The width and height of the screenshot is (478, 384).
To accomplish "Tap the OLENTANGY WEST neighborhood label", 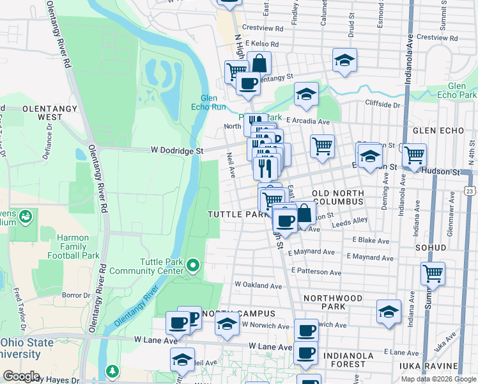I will (42, 113).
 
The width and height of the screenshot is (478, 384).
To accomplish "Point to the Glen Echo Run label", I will (213, 102).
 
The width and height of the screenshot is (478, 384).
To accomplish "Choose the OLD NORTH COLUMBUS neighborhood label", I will (337, 197).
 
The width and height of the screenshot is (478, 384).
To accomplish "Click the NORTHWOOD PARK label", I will (333, 303).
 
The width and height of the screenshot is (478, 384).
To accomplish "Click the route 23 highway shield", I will (470, 191).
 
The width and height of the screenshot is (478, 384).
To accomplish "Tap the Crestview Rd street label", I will (263, 29).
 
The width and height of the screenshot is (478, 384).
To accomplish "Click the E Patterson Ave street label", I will (316, 271).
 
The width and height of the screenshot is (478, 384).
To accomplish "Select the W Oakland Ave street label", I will (258, 285).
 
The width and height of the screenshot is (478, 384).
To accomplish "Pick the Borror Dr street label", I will (76, 296).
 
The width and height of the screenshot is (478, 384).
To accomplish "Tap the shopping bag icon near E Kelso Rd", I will (259, 63).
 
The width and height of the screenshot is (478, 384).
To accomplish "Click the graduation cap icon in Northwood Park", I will (389, 312).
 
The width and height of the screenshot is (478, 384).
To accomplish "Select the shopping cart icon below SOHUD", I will (433, 273).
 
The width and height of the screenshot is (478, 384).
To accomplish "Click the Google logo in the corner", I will (21, 376).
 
